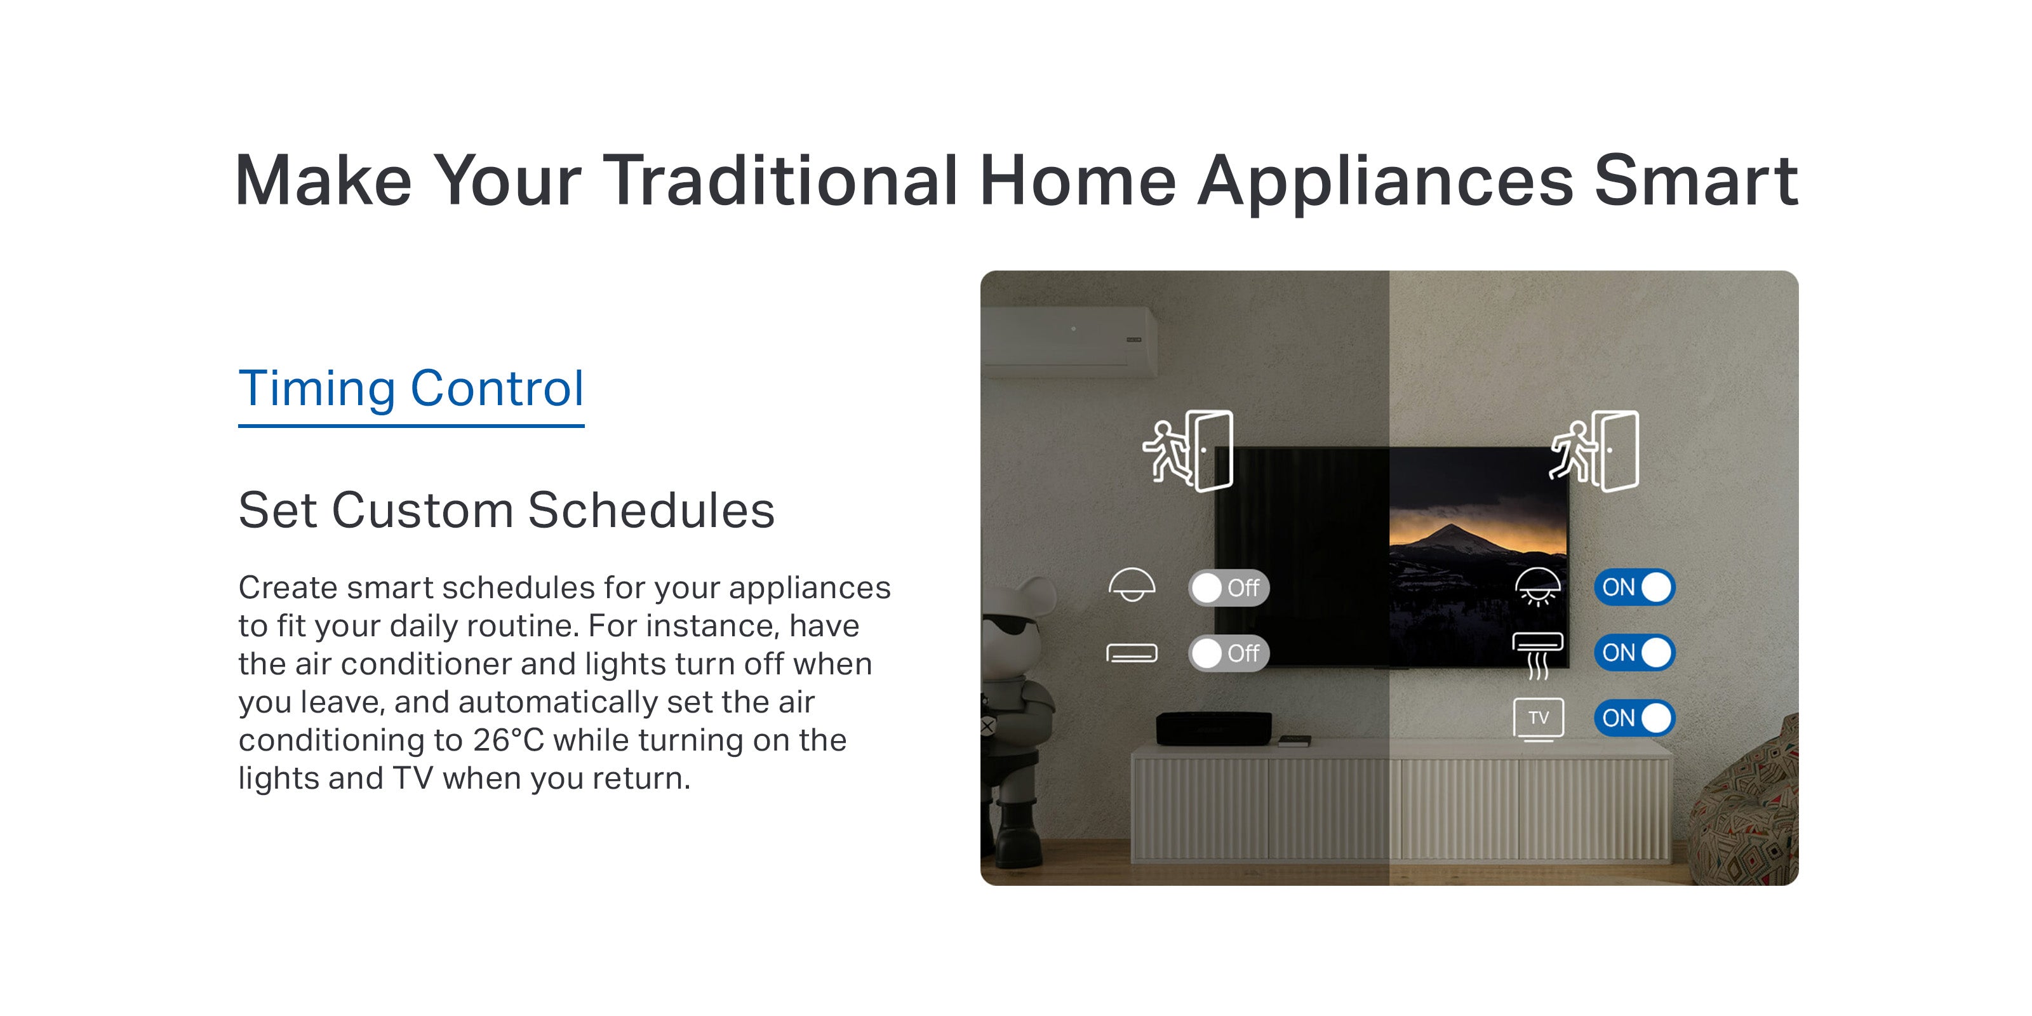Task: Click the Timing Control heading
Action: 411,388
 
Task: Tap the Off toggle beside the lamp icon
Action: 1229,587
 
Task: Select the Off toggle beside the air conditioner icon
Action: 1229,653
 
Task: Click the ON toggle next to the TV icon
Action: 1634,718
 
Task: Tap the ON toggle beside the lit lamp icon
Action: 1634,587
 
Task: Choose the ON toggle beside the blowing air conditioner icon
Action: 1634,653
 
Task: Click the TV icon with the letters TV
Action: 1538,719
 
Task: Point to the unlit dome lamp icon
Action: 1132,584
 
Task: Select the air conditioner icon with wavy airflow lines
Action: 1537,655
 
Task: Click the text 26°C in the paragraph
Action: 509,740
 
